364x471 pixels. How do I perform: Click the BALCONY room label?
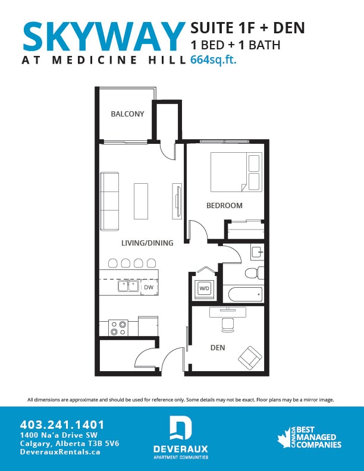127,114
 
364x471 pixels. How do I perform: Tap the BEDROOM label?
224,206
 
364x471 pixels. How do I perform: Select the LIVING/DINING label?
147,243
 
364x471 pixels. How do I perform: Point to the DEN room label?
217,347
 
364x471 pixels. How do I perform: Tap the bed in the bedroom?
236,172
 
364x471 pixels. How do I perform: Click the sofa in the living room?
109,201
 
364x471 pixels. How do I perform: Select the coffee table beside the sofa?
140,201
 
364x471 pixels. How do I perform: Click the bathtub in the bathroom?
244,294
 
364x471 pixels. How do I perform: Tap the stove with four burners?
119,328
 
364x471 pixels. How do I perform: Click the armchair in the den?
250,357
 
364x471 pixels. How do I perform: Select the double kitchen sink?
129,286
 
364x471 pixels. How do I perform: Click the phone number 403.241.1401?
62,425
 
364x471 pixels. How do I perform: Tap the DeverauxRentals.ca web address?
59,452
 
